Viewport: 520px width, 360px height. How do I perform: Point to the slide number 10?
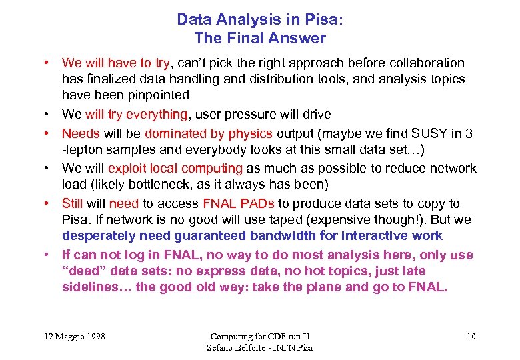tap(471, 336)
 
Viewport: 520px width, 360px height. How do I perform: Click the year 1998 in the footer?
tap(92, 336)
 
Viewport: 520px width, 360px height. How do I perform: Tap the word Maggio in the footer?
tap(65, 336)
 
